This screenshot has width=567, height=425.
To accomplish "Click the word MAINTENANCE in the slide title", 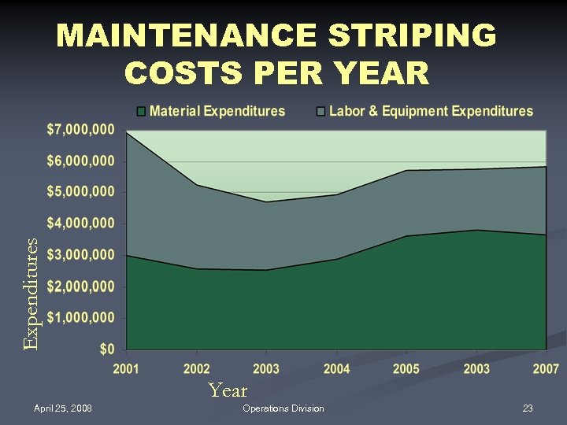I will point(185,36).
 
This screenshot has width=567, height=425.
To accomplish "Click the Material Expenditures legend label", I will point(217,112).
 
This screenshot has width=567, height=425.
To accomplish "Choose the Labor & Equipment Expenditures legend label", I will point(430,112).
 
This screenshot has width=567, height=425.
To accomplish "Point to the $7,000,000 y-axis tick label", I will point(79,129).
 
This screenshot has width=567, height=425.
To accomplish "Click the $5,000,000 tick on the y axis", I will point(79,192).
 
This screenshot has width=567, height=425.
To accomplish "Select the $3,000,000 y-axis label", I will point(79,255).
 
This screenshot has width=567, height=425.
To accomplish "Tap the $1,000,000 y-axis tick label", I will point(79,318).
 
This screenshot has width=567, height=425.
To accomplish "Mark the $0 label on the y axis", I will point(106,349).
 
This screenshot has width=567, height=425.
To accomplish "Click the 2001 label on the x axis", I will point(127,368).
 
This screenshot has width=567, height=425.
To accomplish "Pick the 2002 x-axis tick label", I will point(197,368).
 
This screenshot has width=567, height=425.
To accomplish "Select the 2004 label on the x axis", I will point(336,368).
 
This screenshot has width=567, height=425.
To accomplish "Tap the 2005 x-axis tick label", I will point(406,368).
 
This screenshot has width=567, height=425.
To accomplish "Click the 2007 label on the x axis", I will point(546,368).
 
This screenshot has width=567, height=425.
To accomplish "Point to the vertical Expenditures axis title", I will point(30,294).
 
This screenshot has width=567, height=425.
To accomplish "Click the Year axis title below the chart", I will point(228,390).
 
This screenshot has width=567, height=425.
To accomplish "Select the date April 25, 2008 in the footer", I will point(63,408).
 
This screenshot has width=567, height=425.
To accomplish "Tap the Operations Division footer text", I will point(283,408).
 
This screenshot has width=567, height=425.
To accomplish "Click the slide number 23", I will point(528,408).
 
